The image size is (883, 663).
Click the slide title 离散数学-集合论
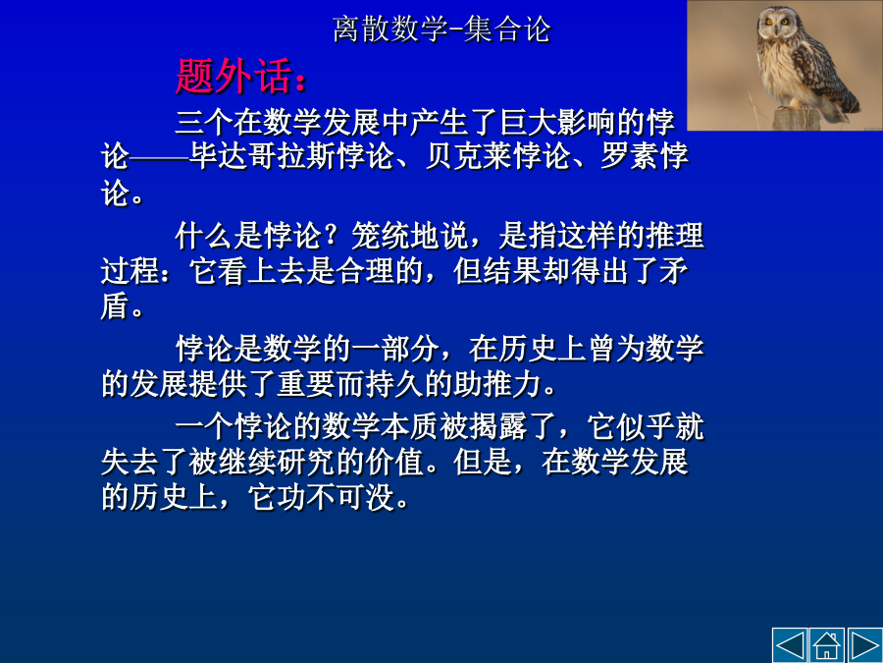[441, 29]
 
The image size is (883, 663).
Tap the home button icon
[827, 645]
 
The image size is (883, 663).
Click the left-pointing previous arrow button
[790, 645]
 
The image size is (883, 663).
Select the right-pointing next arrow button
[865, 645]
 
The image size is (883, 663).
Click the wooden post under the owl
[795, 119]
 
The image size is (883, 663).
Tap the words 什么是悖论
[248, 236]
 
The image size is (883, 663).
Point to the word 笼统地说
[408, 236]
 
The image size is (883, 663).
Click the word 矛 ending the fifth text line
[673, 271]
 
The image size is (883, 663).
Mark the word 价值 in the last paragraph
[394, 463]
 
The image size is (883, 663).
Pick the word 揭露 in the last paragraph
[496, 427]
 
